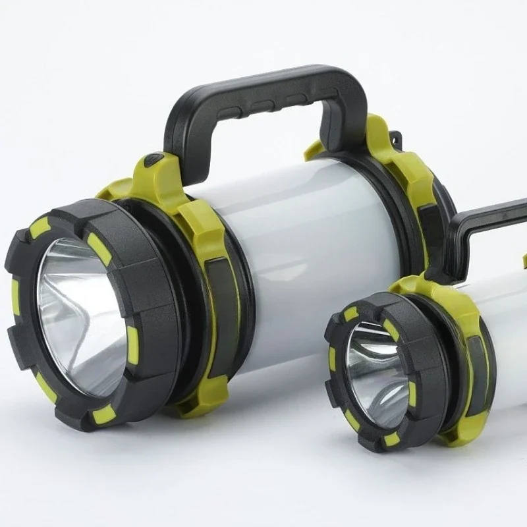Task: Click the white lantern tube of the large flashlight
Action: [x=310, y=250]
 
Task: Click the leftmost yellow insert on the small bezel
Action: [x=332, y=359]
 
